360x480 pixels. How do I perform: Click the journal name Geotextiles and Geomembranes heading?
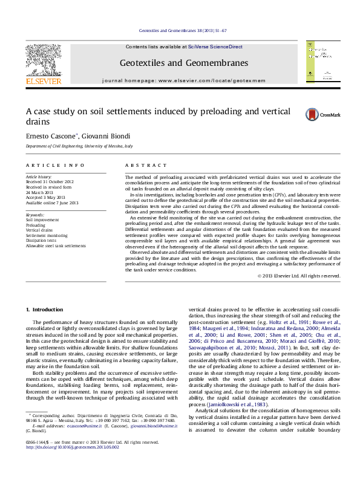click(184, 63)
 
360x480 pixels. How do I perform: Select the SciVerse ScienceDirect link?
click(215, 47)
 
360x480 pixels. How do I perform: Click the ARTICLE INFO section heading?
click(55, 165)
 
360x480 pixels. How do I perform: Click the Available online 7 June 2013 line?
click(53, 203)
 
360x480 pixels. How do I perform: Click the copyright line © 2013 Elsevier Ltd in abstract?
click(299, 276)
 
